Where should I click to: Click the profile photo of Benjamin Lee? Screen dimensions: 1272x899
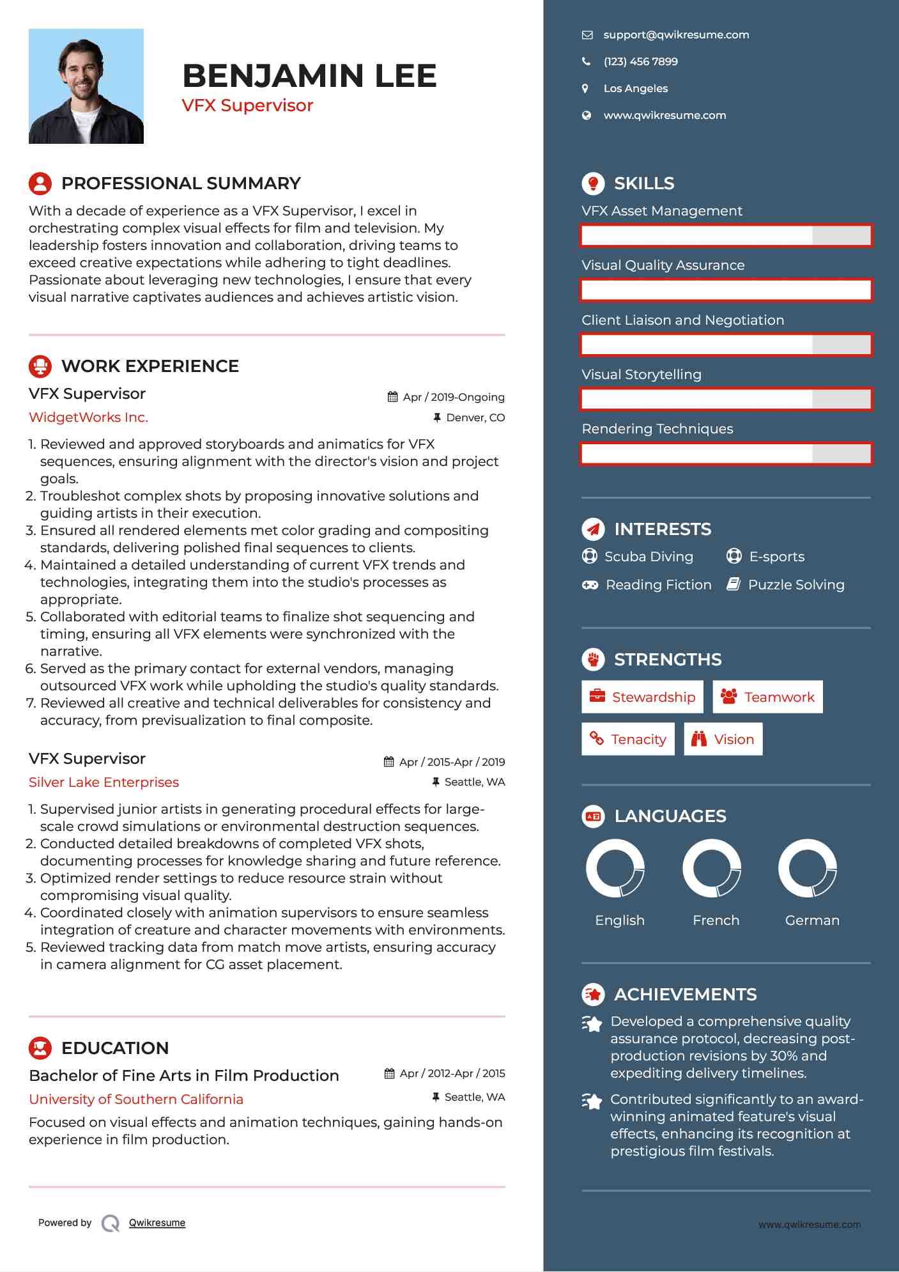coord(86,86)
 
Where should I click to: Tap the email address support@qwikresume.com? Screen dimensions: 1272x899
coord(676,35)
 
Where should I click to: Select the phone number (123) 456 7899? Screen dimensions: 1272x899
coord(640,62)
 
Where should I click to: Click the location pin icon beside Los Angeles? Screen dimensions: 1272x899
coord(585,88)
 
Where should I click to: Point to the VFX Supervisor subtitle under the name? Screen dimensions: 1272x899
coord(247,105)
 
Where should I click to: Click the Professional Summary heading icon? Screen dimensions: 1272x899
coord(40,183)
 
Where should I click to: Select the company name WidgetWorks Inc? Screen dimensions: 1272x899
coord(88,417)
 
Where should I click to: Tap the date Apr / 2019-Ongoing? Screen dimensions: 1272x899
coord(453,397)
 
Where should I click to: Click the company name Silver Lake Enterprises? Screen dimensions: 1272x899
coord(104,782)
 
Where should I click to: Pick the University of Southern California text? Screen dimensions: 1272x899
coord(136,1099)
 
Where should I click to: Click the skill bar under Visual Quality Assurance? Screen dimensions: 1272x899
coord(726,290)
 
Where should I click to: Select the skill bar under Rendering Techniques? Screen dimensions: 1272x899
coord(726,454)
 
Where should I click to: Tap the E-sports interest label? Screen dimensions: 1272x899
coord(776,557)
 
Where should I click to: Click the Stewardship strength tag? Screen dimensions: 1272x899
coord(642,697)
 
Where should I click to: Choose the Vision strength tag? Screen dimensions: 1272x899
coord(723,740)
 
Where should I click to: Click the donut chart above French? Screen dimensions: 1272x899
coord(712,869)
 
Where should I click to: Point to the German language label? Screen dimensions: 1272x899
coord(812,920)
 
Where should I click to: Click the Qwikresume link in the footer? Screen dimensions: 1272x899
coord(157,1223)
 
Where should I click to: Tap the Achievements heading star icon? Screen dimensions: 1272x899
coord(593,995)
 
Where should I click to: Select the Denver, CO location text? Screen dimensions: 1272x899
coord(475,418)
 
